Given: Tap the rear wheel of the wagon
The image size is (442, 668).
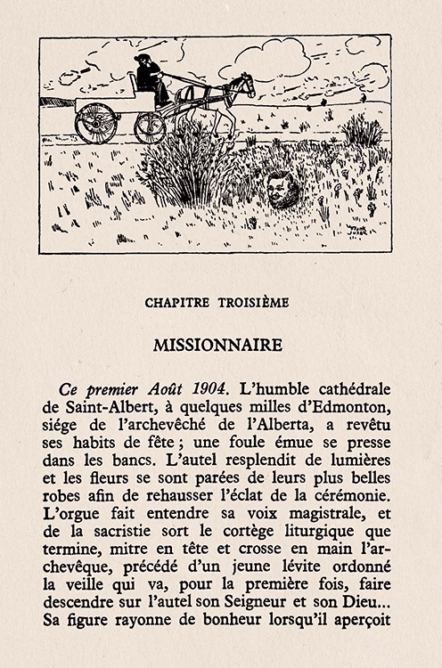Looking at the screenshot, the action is click(95, 123).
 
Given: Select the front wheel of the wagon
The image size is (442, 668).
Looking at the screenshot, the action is click(151, 126).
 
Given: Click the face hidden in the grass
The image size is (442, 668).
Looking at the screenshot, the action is click(282, 190).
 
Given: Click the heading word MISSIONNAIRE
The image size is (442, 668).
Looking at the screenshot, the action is click(217, 344).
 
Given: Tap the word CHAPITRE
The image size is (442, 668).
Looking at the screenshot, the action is click(176, 302).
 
